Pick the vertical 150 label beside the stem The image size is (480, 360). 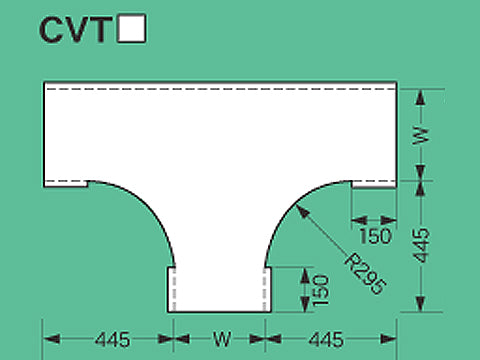(319, 289)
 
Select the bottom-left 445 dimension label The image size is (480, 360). (109, 340)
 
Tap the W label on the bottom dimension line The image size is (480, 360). (219, 340)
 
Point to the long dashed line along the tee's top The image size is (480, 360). (219, 91)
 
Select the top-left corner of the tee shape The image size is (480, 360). (44, 81)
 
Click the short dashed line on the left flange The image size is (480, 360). (66, 182)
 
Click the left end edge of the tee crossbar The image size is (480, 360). (44, 134)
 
